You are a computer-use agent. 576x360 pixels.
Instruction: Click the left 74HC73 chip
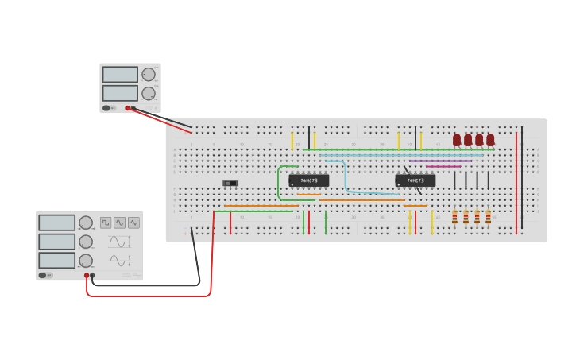pyautogui.click(x=308, y=180)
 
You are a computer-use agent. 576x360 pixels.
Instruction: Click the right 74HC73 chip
pyautogui.click(x=415, y=180)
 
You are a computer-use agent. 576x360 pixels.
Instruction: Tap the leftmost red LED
pyautogui.click(x=457, y=140)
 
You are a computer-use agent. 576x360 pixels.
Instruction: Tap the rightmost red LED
pyautogui.click(x=490, y=140)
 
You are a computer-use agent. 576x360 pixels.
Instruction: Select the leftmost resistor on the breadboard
pyautogui.click(x=454, y=217)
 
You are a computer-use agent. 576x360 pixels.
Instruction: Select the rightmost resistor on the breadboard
pyautogui.click(x=488, y=217)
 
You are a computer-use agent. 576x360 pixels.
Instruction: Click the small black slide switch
pyautogui.click(x=230, y=184)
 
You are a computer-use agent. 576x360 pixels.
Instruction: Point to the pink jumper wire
pyautogui.click(x=443, y=166)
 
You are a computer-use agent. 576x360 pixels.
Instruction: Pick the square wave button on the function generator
pyautogui.click(x=106, y=223)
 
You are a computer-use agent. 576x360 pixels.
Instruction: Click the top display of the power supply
pyautogui.click(x=120, y=75)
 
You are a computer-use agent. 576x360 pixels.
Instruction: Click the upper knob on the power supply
pyautogui.click(x=149, y=75)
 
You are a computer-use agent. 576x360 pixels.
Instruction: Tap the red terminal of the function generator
pyautogui.click(x=87, y=275)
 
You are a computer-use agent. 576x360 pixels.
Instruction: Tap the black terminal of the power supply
pyautogui.click(x=133, y=108)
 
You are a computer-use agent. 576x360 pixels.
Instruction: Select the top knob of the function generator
pyautogui.click(x=86, y=223)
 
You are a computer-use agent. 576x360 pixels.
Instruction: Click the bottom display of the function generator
pyautogui.click(x=57, y=260)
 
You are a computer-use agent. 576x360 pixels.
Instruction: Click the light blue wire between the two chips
pyautogui.click(x=346, y=176)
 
